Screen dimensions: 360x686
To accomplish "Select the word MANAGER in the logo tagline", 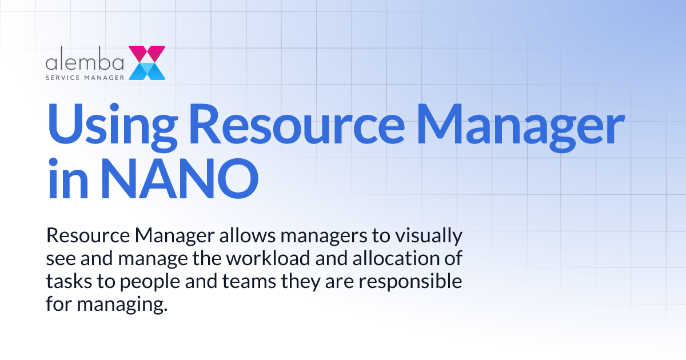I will [103, 75].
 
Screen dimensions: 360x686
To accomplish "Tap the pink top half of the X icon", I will [147, 53].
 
